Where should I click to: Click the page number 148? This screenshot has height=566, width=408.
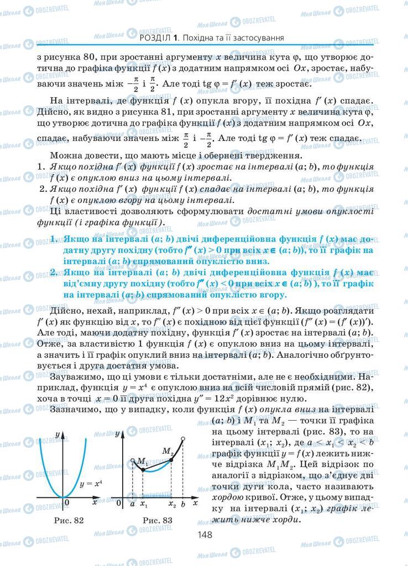tap(204, 534)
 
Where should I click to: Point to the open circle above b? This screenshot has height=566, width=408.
tap(183, 439)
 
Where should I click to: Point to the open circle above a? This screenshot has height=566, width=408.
tap(133, 460)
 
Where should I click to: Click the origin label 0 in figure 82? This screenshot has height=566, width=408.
tap(66, 504)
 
